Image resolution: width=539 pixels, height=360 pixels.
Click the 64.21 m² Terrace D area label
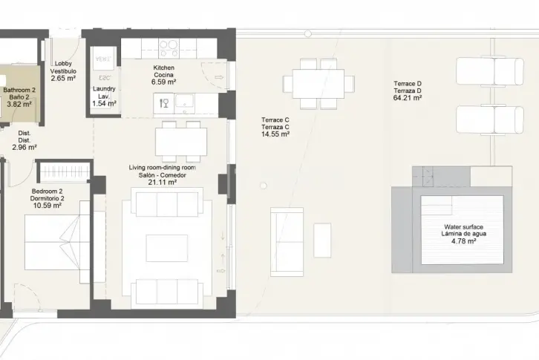(x=408, y=98)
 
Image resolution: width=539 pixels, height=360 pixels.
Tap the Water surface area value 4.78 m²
(x=463, y=241)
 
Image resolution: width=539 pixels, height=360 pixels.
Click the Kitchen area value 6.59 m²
(x=163, y=82)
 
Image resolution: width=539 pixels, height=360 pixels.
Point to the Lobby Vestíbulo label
(x=63, y=68)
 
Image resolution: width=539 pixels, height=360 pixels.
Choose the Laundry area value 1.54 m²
(x=104, y=103)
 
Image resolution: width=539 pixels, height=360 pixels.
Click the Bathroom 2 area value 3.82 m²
(x=19, y=104)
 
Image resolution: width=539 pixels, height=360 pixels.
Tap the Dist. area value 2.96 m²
(x=24, y=148)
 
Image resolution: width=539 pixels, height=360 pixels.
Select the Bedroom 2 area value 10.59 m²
(x=47, y=206)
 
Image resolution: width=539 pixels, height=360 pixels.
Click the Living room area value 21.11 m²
(x=163, y=183)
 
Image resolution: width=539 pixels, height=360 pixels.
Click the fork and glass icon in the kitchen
(x=164, y=103)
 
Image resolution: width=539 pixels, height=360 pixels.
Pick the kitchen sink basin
(x=185, y=102)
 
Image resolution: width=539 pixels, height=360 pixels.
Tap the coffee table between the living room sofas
(x=167, y=248)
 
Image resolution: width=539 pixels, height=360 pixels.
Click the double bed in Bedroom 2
(x=57, y=242)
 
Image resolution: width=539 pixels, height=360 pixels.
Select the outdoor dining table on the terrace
(x=318, y=84)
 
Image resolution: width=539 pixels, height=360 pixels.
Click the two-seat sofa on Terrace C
(x=287, y=242)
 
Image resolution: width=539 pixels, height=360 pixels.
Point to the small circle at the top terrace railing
(x=308, y=33)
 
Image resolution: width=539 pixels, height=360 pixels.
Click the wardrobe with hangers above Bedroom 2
(x=65, y=171)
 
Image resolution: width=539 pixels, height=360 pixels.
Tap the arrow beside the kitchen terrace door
(x=219, y=77)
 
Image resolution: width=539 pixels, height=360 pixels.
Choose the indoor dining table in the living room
(x=181, y=142)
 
